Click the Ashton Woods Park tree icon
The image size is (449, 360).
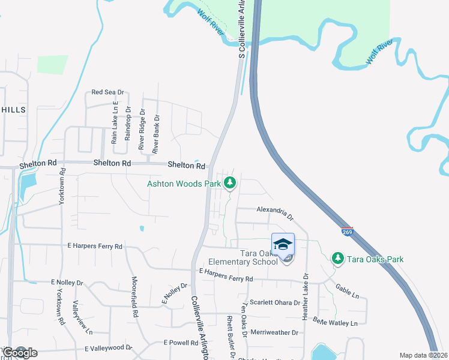[229, 183]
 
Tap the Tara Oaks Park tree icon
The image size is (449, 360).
[338, 259]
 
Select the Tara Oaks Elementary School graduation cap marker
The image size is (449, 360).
[283, 244]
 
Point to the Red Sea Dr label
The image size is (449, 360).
[107, 92]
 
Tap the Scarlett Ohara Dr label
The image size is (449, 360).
[275, 302]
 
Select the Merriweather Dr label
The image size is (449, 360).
[274, 332]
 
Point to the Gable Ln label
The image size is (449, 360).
[347, 292]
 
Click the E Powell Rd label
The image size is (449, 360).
[181, 343]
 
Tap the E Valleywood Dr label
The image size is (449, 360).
[108, 348]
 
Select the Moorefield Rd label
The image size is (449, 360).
[135, 297]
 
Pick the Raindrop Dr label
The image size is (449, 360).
[127, 125]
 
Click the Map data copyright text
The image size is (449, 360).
[423, 355]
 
